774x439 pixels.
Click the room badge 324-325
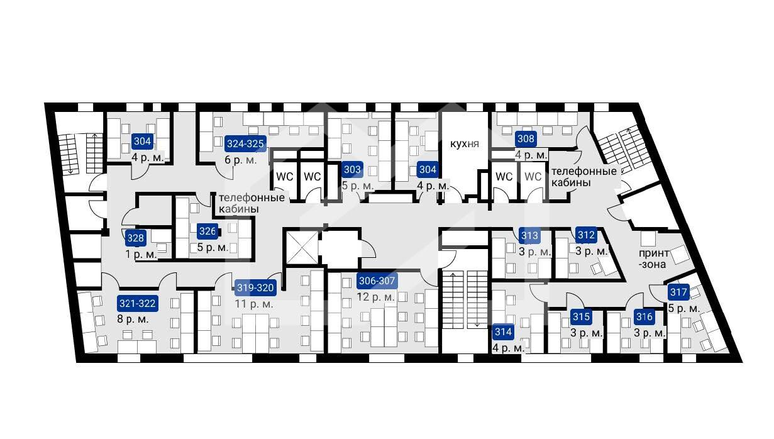point(245,143)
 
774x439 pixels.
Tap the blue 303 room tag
point(353,169)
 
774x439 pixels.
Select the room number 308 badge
point(526,138)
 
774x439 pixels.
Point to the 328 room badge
point(135,238)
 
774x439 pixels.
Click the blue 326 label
point(207,231)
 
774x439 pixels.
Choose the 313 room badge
point(529,235)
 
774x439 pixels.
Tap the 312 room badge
point(586,235)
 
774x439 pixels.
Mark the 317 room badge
point(678,292)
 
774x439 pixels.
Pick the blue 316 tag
point(644,316)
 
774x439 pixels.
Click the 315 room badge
point(581,316)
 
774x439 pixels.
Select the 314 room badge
point(503,332)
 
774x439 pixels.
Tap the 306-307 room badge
point(377,281)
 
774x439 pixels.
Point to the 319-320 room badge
point(255,287)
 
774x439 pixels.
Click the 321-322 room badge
point(138,304)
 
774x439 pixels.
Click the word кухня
point(465,144)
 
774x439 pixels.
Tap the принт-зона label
point(653,259)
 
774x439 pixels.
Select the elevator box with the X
point(302,248)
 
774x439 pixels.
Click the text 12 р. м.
point(375,297)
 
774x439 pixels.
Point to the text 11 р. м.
point(254,304)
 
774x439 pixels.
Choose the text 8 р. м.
point(133,319)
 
